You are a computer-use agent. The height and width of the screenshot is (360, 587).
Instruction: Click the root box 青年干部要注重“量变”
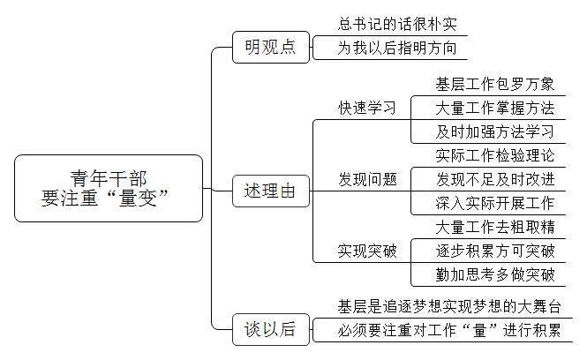[109, 188]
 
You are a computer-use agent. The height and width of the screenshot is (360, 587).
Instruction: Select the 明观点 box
[271, 47]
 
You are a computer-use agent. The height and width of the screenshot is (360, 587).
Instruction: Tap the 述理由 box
[271, 191]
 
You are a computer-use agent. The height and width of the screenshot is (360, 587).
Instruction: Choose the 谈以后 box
[271, 329]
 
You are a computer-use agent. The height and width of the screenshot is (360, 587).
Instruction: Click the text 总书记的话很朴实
[397, 24]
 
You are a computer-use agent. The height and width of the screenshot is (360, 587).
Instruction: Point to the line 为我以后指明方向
[397, 48]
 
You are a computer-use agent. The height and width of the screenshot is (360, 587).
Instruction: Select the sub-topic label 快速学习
[367, 108]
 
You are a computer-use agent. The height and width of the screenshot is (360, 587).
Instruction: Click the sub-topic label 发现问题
[367, 179]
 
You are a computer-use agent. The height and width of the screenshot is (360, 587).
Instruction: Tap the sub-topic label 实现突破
[367, 251]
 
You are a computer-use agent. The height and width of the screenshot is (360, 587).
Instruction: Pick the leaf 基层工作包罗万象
[495, 84]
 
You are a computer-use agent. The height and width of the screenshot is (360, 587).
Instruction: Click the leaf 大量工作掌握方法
[495, 109]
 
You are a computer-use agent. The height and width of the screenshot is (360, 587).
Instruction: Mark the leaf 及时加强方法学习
[495, 131]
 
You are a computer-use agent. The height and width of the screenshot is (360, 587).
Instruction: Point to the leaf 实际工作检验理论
[495, 155]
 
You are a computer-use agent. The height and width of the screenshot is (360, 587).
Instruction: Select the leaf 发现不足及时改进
[495, 179]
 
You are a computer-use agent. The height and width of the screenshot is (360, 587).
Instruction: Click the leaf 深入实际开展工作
[495, 203]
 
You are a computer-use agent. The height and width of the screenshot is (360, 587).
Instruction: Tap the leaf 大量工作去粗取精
[495, 227]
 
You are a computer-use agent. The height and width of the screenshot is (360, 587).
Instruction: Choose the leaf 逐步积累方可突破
[495, 251]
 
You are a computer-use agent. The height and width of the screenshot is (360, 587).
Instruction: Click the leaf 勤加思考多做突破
[495, 274]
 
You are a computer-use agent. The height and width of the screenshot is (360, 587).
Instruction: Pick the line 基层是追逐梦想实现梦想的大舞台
[449, 306]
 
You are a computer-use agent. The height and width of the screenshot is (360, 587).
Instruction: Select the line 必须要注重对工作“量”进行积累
[449, 330]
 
